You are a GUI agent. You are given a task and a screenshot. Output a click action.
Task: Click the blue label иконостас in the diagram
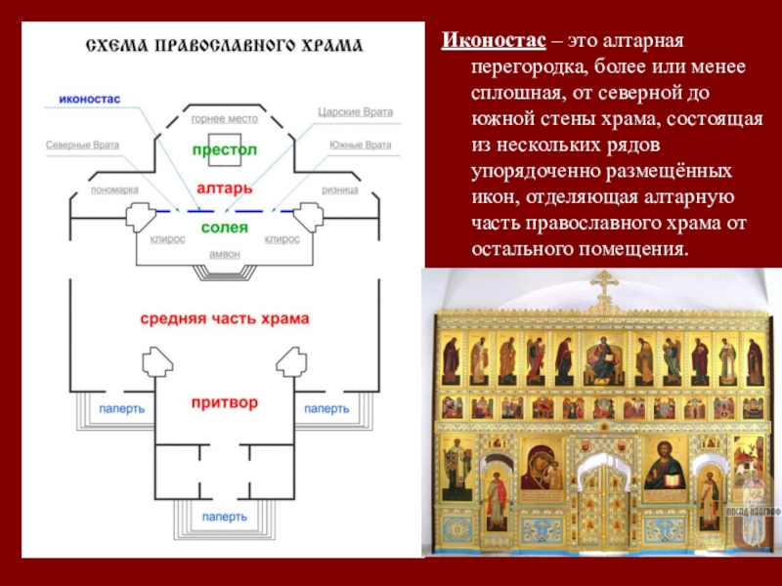90,99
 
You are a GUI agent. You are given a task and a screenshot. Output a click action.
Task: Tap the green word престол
225,149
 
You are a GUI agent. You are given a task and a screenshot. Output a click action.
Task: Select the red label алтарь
225,188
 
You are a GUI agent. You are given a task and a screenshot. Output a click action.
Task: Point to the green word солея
225,228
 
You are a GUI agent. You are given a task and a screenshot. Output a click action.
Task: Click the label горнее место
225,119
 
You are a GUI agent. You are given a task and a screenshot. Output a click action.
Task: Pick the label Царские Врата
356,112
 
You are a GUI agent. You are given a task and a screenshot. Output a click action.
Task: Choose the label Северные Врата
82,145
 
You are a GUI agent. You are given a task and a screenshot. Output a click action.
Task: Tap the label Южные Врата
360,145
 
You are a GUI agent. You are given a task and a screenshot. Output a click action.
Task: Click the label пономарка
114,189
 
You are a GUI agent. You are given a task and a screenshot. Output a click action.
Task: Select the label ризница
339,189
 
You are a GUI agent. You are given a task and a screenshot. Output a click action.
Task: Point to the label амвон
225,254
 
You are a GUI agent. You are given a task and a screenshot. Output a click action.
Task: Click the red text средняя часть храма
225,319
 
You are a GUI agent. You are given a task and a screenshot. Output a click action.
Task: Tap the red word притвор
225,402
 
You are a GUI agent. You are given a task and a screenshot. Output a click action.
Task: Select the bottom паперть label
225,517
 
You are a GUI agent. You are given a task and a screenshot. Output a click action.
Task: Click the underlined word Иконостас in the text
494,40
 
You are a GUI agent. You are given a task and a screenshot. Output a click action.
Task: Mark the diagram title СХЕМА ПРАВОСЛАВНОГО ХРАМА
225,46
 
